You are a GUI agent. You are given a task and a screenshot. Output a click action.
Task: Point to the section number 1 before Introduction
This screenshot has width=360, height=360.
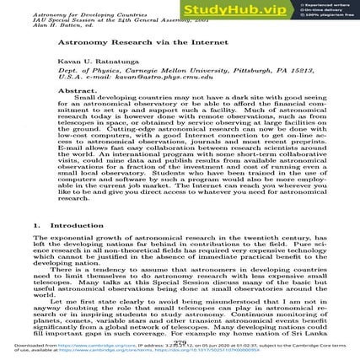tap(36, 225)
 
